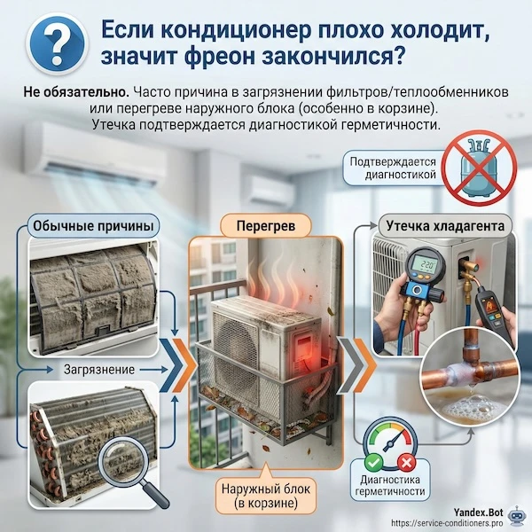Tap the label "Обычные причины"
click(x=94, y=227)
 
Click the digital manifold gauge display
click(x=427, y=265)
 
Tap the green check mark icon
click(x=372, y=460)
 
